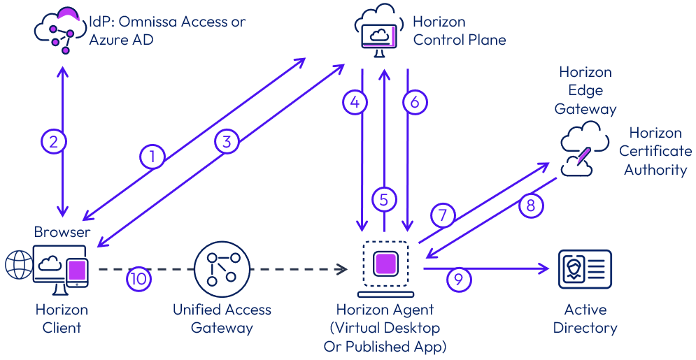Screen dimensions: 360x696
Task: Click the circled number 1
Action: pos(152,157)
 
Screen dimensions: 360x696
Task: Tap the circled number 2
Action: pos(53,142)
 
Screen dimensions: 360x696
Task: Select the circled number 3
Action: pos(226,142)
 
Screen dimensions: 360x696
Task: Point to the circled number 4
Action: pos(355,103)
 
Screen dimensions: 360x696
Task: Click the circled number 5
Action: pos(383,200)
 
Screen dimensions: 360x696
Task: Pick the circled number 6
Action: pos(415,103)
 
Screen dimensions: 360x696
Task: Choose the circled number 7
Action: pos(443,215)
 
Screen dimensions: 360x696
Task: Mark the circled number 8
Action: pos(531,206)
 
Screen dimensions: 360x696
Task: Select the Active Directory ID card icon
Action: pos(585,269)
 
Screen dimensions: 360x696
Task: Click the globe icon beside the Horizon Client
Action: pos(17,266)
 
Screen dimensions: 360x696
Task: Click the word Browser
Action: pos(62,231)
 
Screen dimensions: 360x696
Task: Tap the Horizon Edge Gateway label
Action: pos(585,90)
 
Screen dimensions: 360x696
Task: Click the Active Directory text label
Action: pos(585,318)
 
